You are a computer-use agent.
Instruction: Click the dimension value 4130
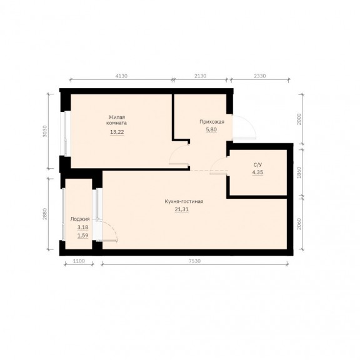[121, 76]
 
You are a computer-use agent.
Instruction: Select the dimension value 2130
[201, 76]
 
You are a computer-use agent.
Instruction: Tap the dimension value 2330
[259, 76]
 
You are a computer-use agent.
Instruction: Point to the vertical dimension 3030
[45, 131]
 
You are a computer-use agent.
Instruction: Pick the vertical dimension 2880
[45, 214]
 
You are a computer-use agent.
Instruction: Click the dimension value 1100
[79, 261]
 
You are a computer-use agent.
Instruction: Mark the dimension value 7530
[195, 261]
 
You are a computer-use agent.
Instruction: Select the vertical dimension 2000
[299, 119]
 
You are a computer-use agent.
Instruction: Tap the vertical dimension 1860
[299, 172]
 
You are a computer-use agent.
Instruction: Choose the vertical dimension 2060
[299, 224]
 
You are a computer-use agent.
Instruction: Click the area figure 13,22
[117, 132]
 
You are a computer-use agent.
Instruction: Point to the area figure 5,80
[211, 129]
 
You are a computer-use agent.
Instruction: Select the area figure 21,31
[182, 209]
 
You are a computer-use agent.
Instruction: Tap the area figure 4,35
[257, 172]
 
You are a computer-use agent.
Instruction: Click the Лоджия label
[80, 219]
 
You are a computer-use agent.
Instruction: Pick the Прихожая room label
[212, 122]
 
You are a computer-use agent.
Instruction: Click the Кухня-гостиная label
[184, 201]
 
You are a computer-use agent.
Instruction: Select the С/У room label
[257, 165]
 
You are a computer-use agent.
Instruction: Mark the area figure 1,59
[83, 236]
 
